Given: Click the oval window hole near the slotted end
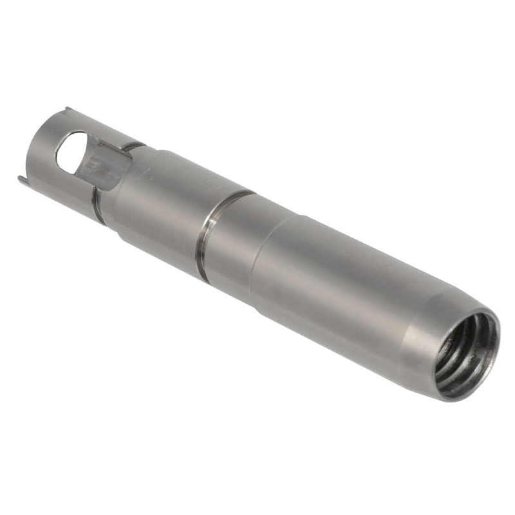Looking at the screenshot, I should (x=71, y=152).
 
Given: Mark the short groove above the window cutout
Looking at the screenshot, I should (x=133, y=146).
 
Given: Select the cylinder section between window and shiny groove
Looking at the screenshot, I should (x=161, y=206).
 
